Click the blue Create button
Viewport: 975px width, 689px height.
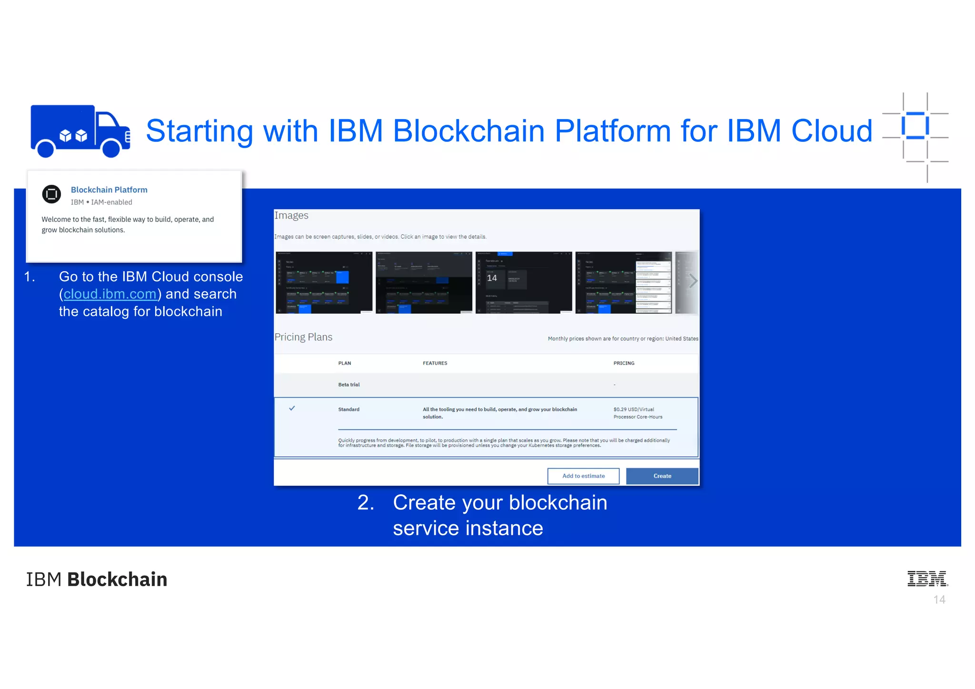pos(662,476)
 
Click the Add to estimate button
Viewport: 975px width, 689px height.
pos(583,476)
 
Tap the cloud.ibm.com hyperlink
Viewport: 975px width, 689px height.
pos(110,294)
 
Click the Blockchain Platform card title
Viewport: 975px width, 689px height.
pos(109,190)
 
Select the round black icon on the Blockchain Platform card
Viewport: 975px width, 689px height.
pos(51,194)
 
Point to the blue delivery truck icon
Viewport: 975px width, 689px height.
pos(80,131)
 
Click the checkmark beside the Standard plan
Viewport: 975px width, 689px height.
pos(292,408)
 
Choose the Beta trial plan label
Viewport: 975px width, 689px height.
pos(349,385)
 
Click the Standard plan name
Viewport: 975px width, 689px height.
pos(349,409)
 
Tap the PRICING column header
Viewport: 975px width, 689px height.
pos(624,363)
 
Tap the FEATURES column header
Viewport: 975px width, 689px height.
pos(435,363)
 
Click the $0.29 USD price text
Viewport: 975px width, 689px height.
pos(634,409)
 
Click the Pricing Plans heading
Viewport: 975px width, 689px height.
pos(303,337)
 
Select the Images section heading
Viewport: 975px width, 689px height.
pos(291,216)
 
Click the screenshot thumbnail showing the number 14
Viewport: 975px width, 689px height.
pos(524,282)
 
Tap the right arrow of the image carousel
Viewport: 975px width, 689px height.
pos(693,281)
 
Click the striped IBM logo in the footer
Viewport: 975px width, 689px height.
pos(927,579)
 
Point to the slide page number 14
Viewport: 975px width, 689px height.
pos(939,600)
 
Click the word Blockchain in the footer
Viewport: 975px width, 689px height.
pos(117,579)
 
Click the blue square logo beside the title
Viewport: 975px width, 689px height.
pos(915,126)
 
